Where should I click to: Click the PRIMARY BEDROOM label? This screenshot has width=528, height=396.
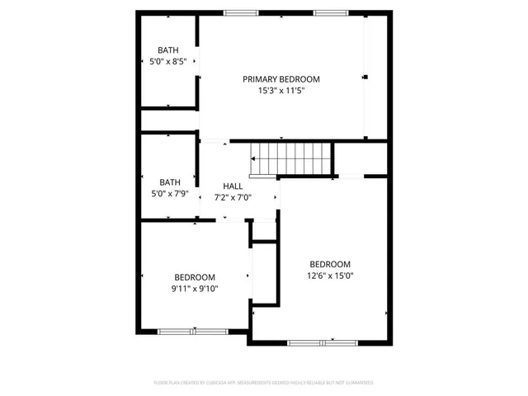(280, 79)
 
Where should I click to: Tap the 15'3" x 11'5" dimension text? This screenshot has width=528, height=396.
(280, 91)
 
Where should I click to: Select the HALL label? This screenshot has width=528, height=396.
(233, 186)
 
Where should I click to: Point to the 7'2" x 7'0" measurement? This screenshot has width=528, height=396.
(233, 197)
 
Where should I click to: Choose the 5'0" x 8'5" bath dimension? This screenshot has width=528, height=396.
(168, 62)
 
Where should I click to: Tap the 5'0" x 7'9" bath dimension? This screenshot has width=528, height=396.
(169, 194)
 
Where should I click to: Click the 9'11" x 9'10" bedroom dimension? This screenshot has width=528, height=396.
(195, 289)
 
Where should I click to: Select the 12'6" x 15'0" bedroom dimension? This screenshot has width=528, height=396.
(330, 276)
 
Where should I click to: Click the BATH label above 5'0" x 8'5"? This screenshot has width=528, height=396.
(168, 50)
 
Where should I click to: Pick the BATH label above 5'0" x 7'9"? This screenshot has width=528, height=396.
(169, 182)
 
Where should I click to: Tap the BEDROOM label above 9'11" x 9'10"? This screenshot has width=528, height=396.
(195, 277)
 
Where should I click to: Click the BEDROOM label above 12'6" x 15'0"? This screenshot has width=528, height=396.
(330, 264)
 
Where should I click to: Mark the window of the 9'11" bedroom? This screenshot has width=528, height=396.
(193, 332)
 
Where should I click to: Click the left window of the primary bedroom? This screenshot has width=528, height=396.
(240, 12)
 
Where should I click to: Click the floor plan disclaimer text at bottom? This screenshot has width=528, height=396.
(264, 383)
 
